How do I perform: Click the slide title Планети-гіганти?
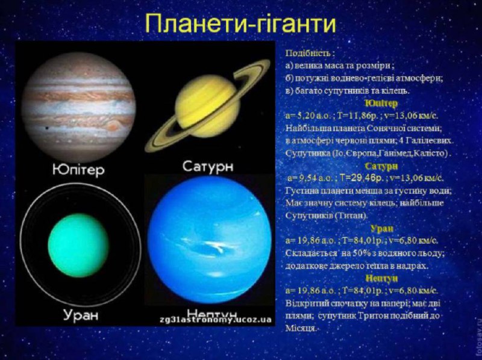[x=240, y=24]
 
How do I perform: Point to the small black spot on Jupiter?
[x=46, y=129]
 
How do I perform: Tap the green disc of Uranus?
[x=78, y=241]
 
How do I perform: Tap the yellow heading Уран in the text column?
[x=382, y=229]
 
